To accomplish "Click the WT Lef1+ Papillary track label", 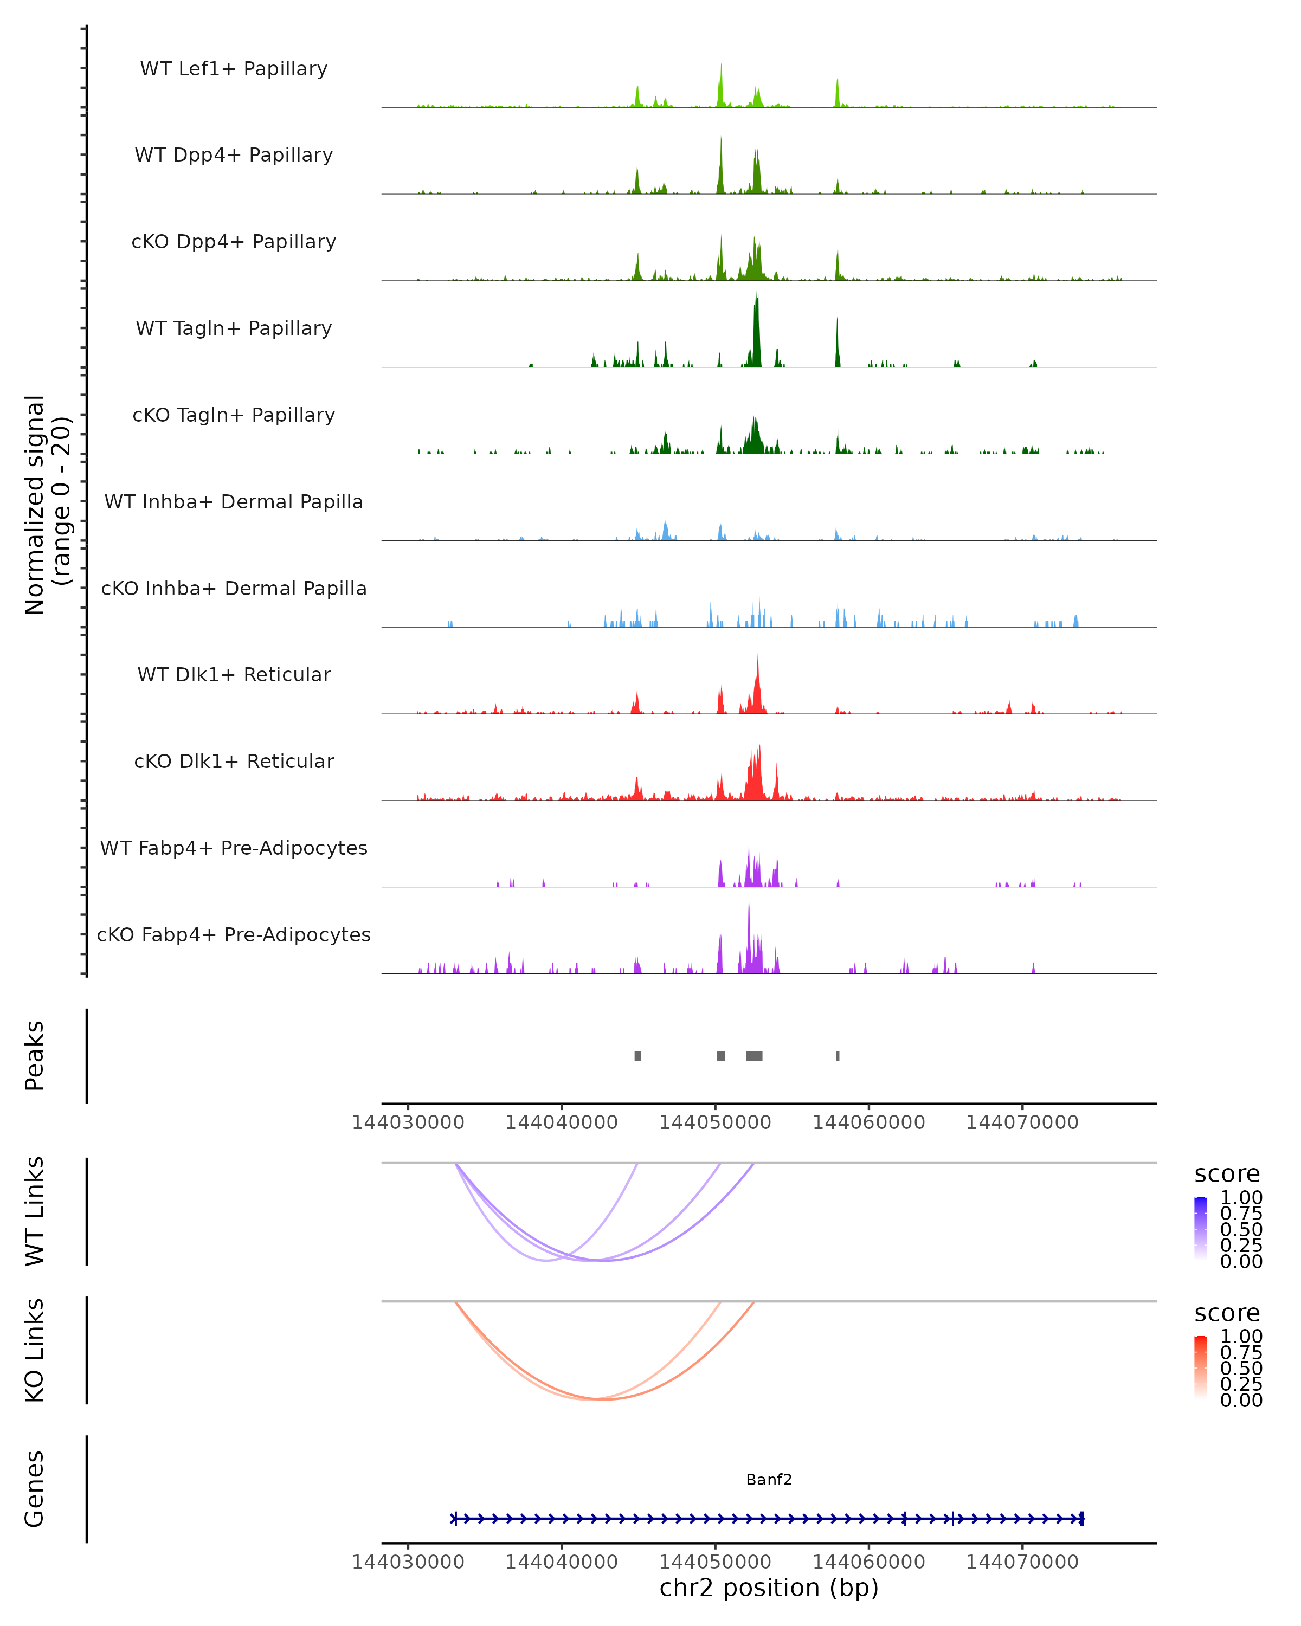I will [234, 69].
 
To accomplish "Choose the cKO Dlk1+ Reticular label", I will [234, 761].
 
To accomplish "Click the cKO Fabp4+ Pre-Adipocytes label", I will [234, 934].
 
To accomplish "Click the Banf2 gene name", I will [769, 1480].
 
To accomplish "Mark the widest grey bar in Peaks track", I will [754, 1056].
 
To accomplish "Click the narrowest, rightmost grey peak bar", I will [838, 1056].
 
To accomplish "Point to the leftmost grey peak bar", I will [638, 1056].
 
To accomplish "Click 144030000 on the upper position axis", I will [408, 1122].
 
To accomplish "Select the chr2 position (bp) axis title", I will [769, 1588].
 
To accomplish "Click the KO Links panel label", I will [35, 1351].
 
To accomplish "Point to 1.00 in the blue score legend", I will [1241, 1198].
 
